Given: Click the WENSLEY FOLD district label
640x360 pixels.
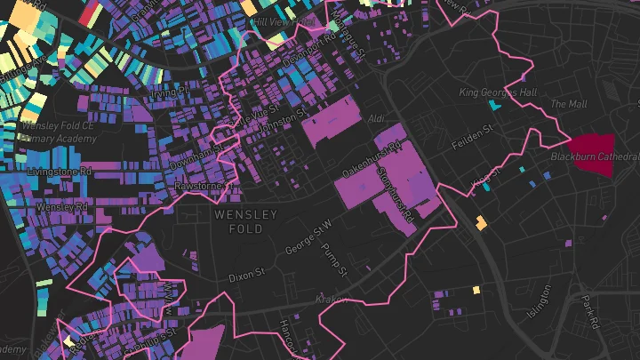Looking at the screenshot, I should (x=245, y=221).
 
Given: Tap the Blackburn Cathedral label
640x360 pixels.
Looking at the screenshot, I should (x=593, y=156).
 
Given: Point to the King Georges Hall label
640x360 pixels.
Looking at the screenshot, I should (x=499, y=92).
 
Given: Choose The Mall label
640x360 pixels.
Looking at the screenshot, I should (x=569, y=104).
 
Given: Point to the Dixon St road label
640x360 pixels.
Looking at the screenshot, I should (x=246, y=276).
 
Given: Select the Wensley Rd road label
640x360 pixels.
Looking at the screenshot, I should (x=62, y=207).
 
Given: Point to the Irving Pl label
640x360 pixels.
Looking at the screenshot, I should (x=171, y=91).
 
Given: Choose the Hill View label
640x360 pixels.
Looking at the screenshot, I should (x=273, y=20).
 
